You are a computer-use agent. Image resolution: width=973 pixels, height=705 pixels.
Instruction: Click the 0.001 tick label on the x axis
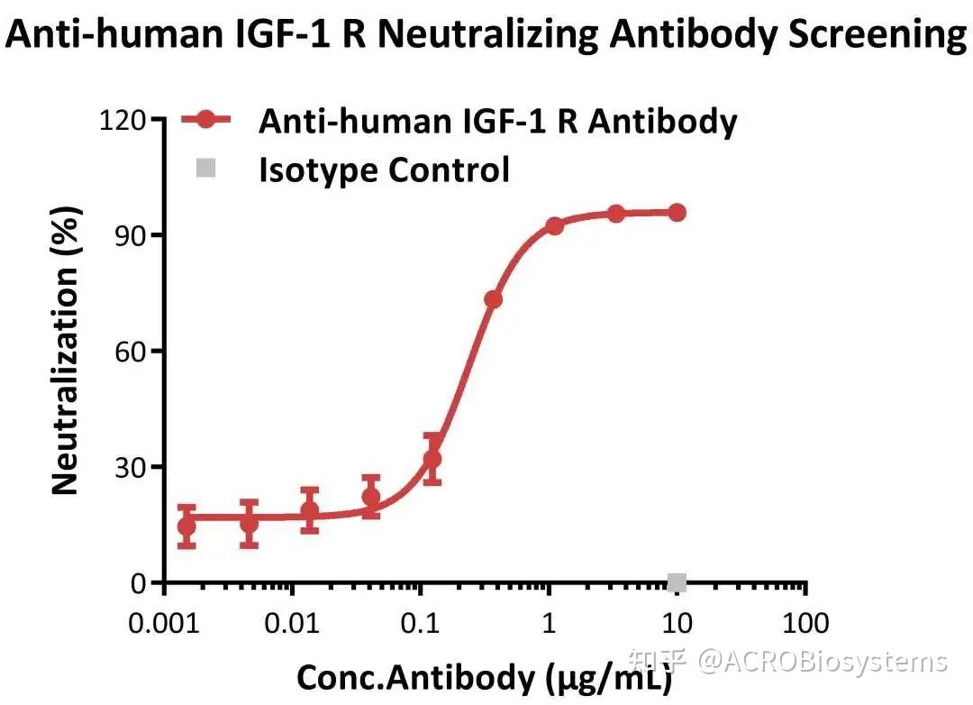coord(165,623)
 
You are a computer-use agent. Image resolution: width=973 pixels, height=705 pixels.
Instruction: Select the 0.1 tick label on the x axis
coord(421,623)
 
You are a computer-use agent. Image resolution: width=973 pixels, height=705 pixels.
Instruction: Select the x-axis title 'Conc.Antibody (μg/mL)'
coord(484,677)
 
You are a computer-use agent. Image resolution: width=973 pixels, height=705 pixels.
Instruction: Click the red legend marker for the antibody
coord(207,120)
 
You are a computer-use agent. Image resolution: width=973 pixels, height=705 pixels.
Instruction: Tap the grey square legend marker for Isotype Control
coord(207,169)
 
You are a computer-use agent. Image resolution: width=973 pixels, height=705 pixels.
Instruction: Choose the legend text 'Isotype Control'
coord(385,169)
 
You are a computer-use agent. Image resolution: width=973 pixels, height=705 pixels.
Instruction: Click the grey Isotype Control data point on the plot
coord(677,582)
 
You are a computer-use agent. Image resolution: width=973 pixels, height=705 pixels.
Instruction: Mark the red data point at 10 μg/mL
coord(677,213)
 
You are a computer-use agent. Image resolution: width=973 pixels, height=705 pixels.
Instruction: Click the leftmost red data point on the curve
coord(186,526)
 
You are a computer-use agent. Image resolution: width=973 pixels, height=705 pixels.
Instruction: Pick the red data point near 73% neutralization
coord(493,299)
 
